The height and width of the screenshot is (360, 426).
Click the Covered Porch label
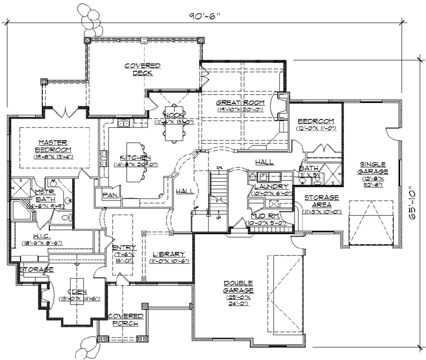[126, 320]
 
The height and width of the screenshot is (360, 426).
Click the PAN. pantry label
[109, 195]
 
